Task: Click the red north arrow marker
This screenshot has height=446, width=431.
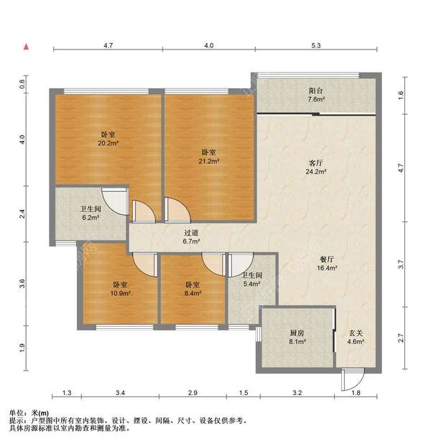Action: click(x=26, y=47)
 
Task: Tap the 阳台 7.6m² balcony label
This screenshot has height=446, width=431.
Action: click(x=316, y=95)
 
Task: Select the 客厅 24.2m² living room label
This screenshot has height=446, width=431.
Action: click(x=316, y=167)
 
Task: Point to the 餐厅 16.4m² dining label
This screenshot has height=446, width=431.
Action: click(x=327, y=264)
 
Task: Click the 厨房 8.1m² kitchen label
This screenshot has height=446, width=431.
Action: click(x=297, y=338)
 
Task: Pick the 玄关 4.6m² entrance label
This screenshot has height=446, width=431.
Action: click(x=356, y=338)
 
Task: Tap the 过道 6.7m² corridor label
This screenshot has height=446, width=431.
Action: click(x=191, y=237)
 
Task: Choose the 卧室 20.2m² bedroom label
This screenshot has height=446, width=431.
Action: click(x=108, y=139)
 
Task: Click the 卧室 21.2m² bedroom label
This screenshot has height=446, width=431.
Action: click(x=208, y=157)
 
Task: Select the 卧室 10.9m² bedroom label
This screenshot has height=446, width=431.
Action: click(x=121, y=289)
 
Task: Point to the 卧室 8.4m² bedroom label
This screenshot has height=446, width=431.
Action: click(x=193, y=289)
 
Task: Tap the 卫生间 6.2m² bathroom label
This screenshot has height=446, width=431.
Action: click(x=91, y=213)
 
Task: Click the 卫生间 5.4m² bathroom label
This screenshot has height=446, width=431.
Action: click(x=252, y=279)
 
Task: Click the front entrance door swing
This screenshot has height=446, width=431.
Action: click(x=353, y=379)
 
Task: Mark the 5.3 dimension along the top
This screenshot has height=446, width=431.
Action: click(x=316, y=45)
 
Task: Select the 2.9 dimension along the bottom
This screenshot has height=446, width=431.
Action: click(x=193, y=393)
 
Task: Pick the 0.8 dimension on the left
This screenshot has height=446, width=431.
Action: click(x=22, y=84)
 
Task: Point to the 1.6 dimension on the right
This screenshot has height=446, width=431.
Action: click(x=401, y=95)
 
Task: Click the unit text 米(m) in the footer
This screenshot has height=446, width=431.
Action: click(x=40, y=413)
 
